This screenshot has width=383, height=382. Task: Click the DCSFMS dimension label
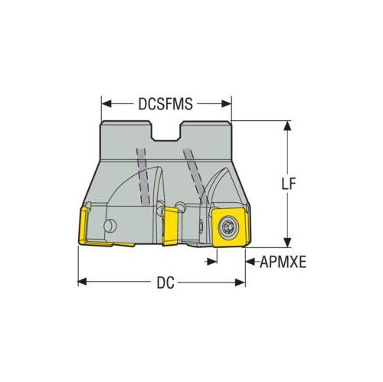[165, 104]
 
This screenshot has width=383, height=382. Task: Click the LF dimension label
[288, 184]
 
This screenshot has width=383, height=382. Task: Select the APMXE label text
[283, 262]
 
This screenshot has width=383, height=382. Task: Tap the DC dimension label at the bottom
[165, 282]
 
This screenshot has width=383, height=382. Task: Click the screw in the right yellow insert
[228, 227]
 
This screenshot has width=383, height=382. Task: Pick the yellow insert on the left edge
[84, 226]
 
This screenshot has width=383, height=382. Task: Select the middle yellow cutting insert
[170, 226]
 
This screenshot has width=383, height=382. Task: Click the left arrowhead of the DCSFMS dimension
[106, 104]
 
